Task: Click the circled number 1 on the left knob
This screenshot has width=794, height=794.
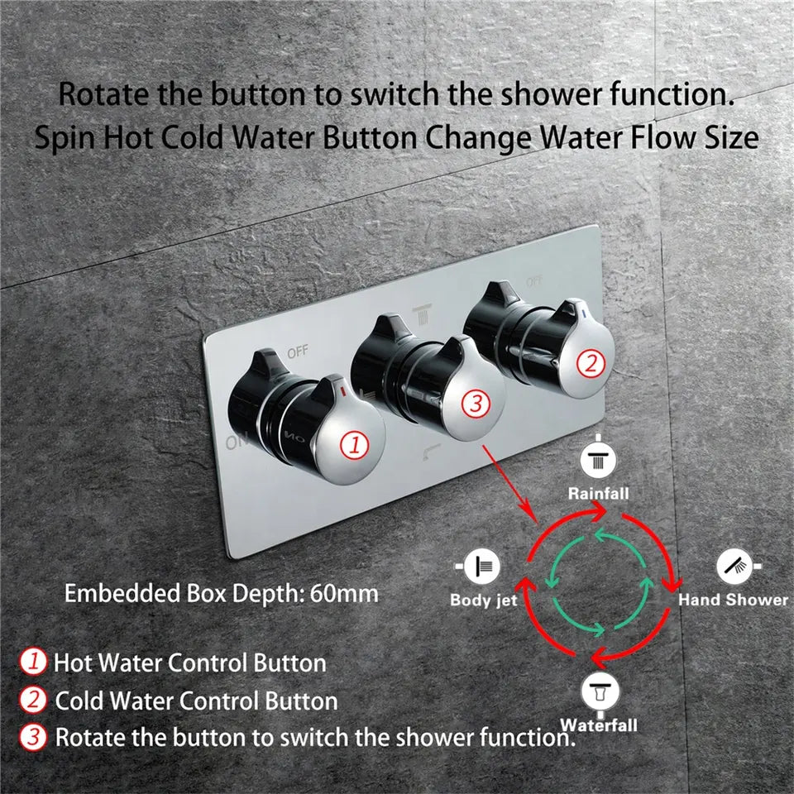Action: tap(355, 445)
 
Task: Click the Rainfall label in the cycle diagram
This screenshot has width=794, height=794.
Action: tap(598, 494)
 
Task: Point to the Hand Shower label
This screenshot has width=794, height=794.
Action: tap(733, 600)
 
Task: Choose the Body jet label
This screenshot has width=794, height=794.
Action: tap(483, 600)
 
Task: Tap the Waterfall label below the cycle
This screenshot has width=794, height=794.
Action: tap(599, 725)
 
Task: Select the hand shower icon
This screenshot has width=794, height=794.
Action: tap(733, 567)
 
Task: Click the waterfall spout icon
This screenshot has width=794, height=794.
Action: tap(598, 690)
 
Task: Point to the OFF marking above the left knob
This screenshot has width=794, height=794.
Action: tap(297, 352)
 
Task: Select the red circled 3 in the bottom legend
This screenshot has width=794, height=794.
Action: tap(33, 737)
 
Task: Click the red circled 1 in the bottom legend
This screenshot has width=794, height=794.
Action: tap(33, 662)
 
